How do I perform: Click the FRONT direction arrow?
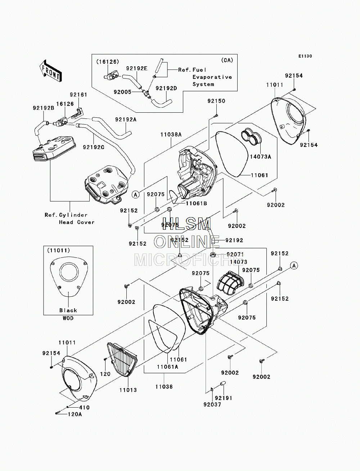[50, 71]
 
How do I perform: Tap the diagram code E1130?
[305, 56]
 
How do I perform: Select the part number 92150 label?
[216, 101]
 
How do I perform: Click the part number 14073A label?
[260, 157]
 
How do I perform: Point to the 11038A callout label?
[171, 135]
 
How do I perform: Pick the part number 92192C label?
[94, 147]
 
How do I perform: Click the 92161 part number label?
[78, 95]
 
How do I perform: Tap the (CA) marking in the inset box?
[227, 60]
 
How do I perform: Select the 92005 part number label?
[122, 92]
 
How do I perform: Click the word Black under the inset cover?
[68, 310]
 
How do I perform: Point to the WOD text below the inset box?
[68, 318]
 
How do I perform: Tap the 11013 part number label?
[128, 390]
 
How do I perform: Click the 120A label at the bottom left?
[75, 414]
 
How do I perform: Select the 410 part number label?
[84, 408]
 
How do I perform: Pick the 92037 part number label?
[212, 404]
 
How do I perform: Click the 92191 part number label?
[224, 398]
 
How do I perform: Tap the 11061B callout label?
[196, 203]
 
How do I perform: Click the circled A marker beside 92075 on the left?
[136, 194]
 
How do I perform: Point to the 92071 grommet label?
[235, 255]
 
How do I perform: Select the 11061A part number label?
[167, 367]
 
